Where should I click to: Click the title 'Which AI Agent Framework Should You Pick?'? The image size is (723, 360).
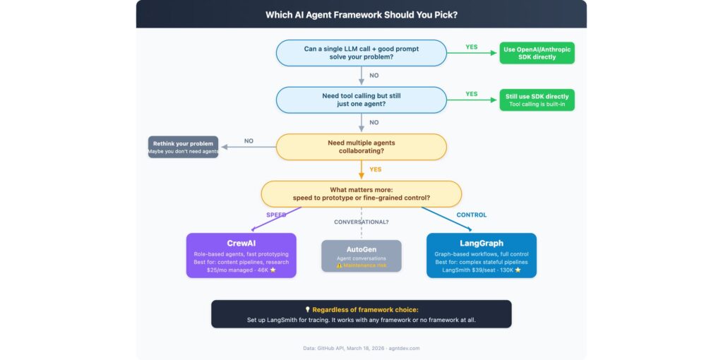[x=361, y=15]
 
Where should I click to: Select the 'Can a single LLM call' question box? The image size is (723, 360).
[x=361, y=53]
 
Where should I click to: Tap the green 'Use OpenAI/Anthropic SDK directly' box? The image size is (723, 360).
[x=537, y=53]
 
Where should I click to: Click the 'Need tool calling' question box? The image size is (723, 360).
[x=361, y=100]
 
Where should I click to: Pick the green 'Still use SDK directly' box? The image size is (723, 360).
[x=537, y=100]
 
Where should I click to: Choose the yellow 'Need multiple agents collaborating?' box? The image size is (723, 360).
[x=361, y=147]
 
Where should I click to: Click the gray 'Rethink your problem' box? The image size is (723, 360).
[x=183, y=147]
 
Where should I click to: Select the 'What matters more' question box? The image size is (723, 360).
[x=361, y=193]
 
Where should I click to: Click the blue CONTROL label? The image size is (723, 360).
[x=472, y=215]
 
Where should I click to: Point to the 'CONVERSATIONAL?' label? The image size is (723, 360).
[x=361, y=222]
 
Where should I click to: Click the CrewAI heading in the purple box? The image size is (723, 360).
[x=241, y=244]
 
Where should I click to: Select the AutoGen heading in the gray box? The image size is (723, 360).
[x=361, y=249]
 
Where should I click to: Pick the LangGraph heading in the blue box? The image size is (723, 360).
[x=481, y=244]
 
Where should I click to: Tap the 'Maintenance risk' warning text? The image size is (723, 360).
[x=364, y=265]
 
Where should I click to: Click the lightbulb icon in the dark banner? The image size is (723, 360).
[x=307, y=309]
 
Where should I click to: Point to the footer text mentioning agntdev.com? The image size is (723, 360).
[x=361, y=348]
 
